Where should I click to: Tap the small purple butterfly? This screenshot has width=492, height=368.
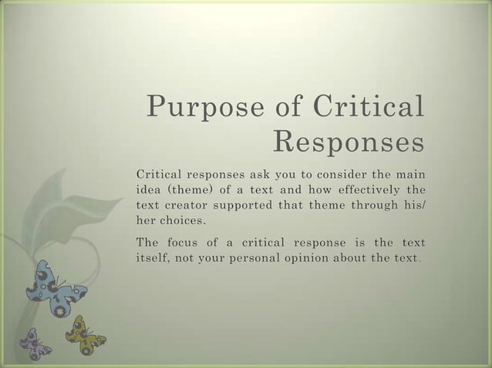point(35,343)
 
